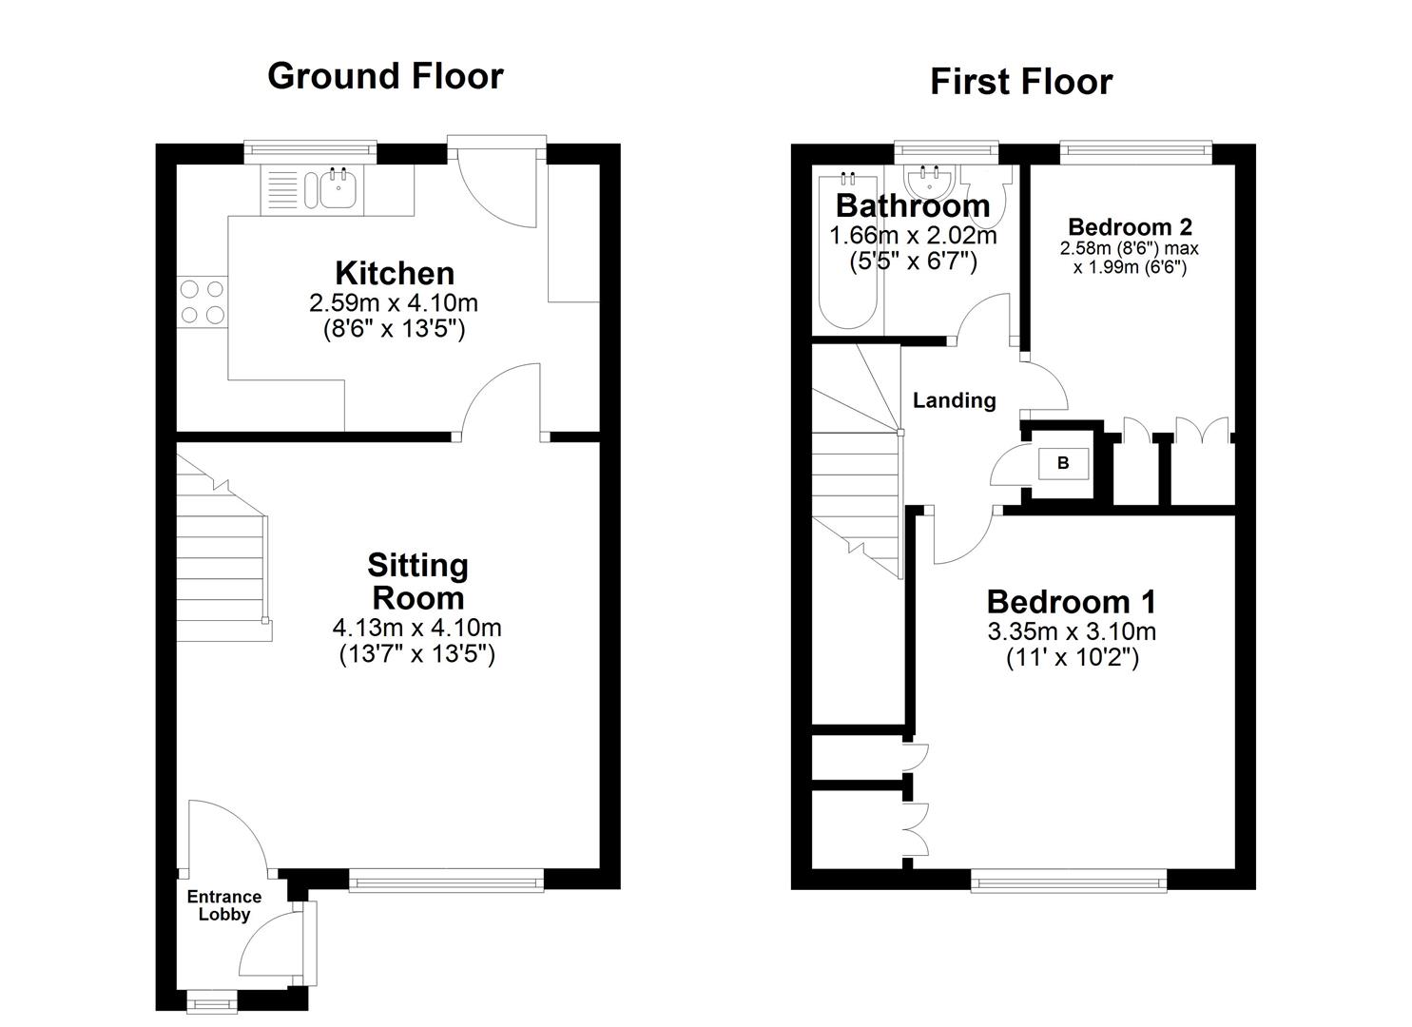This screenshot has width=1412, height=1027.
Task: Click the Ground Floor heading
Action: pyautogui.click(x=385, y=76)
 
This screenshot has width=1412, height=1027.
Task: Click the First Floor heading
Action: pyautogui.click(x=1020, y=82)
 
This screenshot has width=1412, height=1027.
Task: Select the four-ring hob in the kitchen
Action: pyautogui.click(x=202, y=302)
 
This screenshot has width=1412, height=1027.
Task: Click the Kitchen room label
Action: pyautogui.click(x=394, y=274)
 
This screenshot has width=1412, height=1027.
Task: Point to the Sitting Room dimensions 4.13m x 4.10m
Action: pyautogui.click(x=416, y=628)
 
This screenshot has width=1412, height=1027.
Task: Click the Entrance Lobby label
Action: pyautogui.click(x=223, y=905)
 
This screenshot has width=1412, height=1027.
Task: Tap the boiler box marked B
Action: pyautogui.click(x=1062, y=463)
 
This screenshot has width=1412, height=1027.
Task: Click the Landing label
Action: pyautogui.click(x=954, y=400)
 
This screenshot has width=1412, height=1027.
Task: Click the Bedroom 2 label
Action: pyautogui.click(x=1130, y=226)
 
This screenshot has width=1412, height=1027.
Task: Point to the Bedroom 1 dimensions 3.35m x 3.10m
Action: pyautogui.click(x=1071, y=631)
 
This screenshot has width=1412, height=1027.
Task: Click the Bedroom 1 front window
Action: pyautogui.click(x=1069, y=882)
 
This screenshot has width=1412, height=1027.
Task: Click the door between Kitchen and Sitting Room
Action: pyautogui.click(x=502, y=404)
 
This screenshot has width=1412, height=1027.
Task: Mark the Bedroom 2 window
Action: pyautogui.click(x=1136, y=148)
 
